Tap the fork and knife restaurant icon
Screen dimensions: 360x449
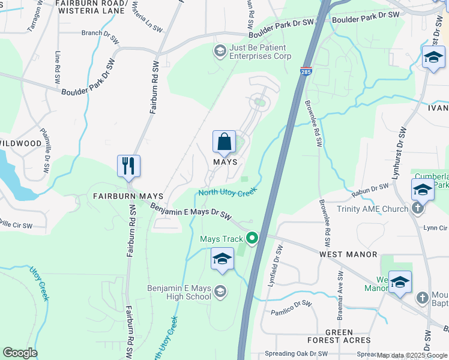(x=128, y=166)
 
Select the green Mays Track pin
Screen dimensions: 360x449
(x=252, y=238)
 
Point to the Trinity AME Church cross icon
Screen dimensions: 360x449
(x=419, y=209)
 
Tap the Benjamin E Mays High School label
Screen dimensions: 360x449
(x=179, y=292)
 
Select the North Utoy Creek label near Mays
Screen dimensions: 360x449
(x=228, y=192)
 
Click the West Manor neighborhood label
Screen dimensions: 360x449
(x=348, y=254)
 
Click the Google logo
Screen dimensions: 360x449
(x=20, y=353)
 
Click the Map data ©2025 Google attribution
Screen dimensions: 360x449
(x=412, y=355)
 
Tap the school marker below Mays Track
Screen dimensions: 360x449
(x=221, y=259)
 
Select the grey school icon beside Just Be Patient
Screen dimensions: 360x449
(x=220, y=52)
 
